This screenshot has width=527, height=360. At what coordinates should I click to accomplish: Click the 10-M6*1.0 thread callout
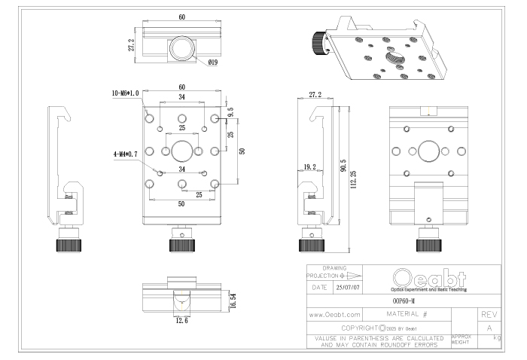(x=125, y=93)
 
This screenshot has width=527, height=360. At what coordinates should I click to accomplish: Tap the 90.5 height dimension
(x=343, y=165)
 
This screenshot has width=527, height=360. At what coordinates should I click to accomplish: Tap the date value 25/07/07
(x=347, y=287)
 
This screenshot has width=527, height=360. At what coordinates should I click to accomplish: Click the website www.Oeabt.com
(x=335, y=313)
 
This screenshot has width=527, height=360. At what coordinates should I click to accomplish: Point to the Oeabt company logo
(x=428, y=277)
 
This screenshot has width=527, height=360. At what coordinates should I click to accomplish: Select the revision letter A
(x=489, y=328)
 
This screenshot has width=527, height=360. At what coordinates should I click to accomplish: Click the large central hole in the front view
(x=181, y=151)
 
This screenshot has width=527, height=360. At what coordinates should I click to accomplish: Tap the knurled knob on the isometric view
(x=318, y=43)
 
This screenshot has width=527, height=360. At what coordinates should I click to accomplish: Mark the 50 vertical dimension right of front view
(x=242, y=151)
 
